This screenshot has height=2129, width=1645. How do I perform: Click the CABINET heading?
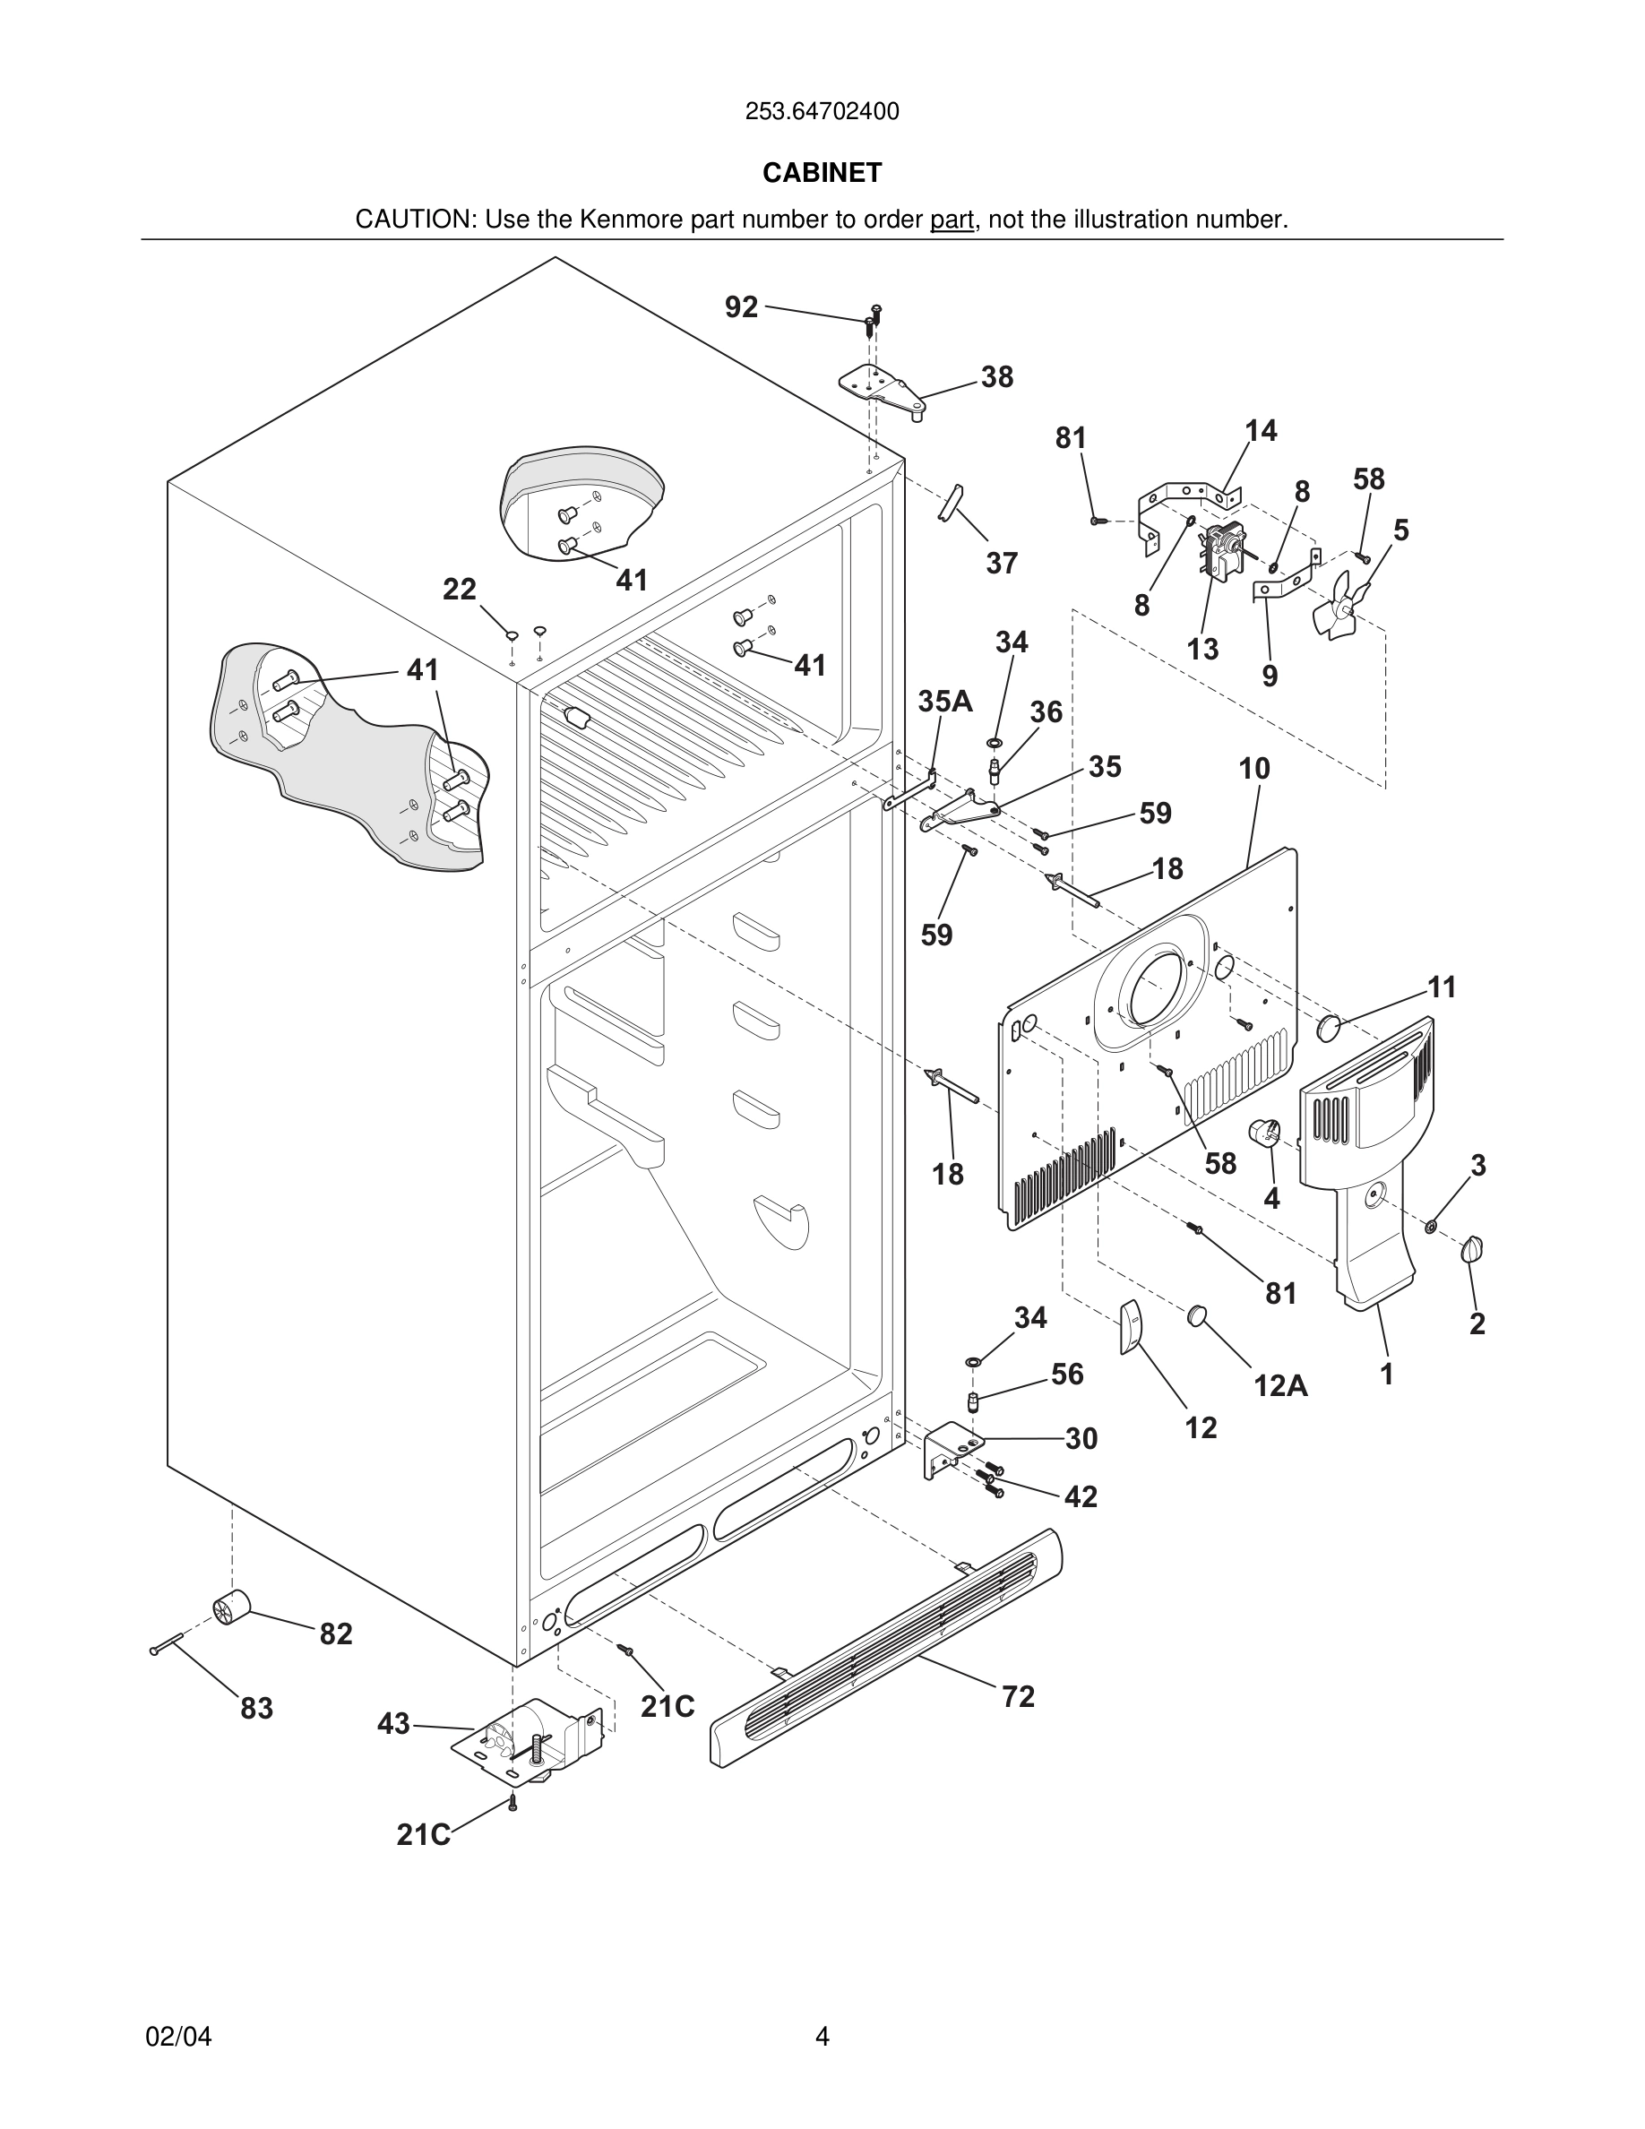[x=822, y=173]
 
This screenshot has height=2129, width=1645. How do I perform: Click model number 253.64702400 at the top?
[x=822, y=112]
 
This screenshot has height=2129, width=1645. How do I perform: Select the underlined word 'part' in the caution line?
[x=952, y=220]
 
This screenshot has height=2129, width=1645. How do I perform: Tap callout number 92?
[x=741, y=307]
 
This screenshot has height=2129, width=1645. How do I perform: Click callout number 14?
[x=1260, y=430]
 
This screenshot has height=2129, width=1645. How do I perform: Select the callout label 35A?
[x=944, y=701]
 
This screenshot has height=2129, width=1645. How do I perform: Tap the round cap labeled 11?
[x=1329, y=1028]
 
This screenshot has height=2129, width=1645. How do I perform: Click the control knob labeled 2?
[x=1471, y=1250]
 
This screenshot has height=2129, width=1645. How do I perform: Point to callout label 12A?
[x=1279, y=1385]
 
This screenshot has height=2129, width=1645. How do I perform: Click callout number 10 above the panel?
[x=1254, y=768]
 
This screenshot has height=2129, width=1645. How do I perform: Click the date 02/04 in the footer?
[x=178, y=2037]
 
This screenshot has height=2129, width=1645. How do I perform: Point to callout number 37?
[x=1001, y=563]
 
